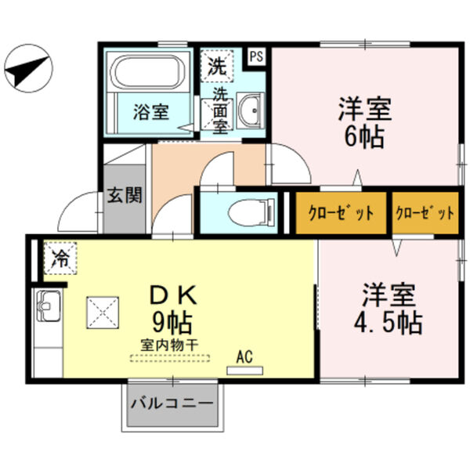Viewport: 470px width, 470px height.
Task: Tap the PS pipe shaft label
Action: click(x=255, y=56)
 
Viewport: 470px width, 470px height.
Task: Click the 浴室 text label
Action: click(x=149, y=111)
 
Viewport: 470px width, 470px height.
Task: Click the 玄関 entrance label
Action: click(x=125, y=195)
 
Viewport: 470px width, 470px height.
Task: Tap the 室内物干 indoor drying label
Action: click(x=171, y=344)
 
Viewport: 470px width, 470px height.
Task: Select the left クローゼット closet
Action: click(x=339, y=212)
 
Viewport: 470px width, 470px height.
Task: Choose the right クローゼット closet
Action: click(x=425, y=212)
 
